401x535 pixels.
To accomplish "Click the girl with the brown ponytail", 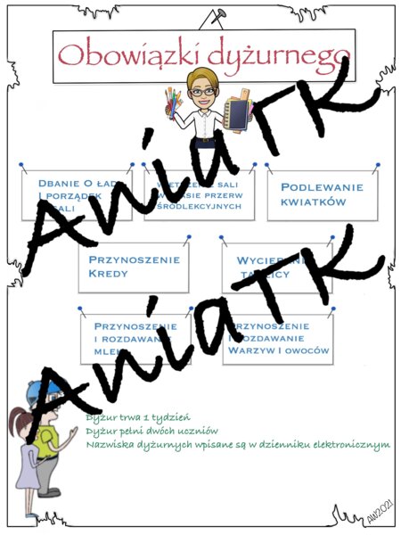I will point(22,446).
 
